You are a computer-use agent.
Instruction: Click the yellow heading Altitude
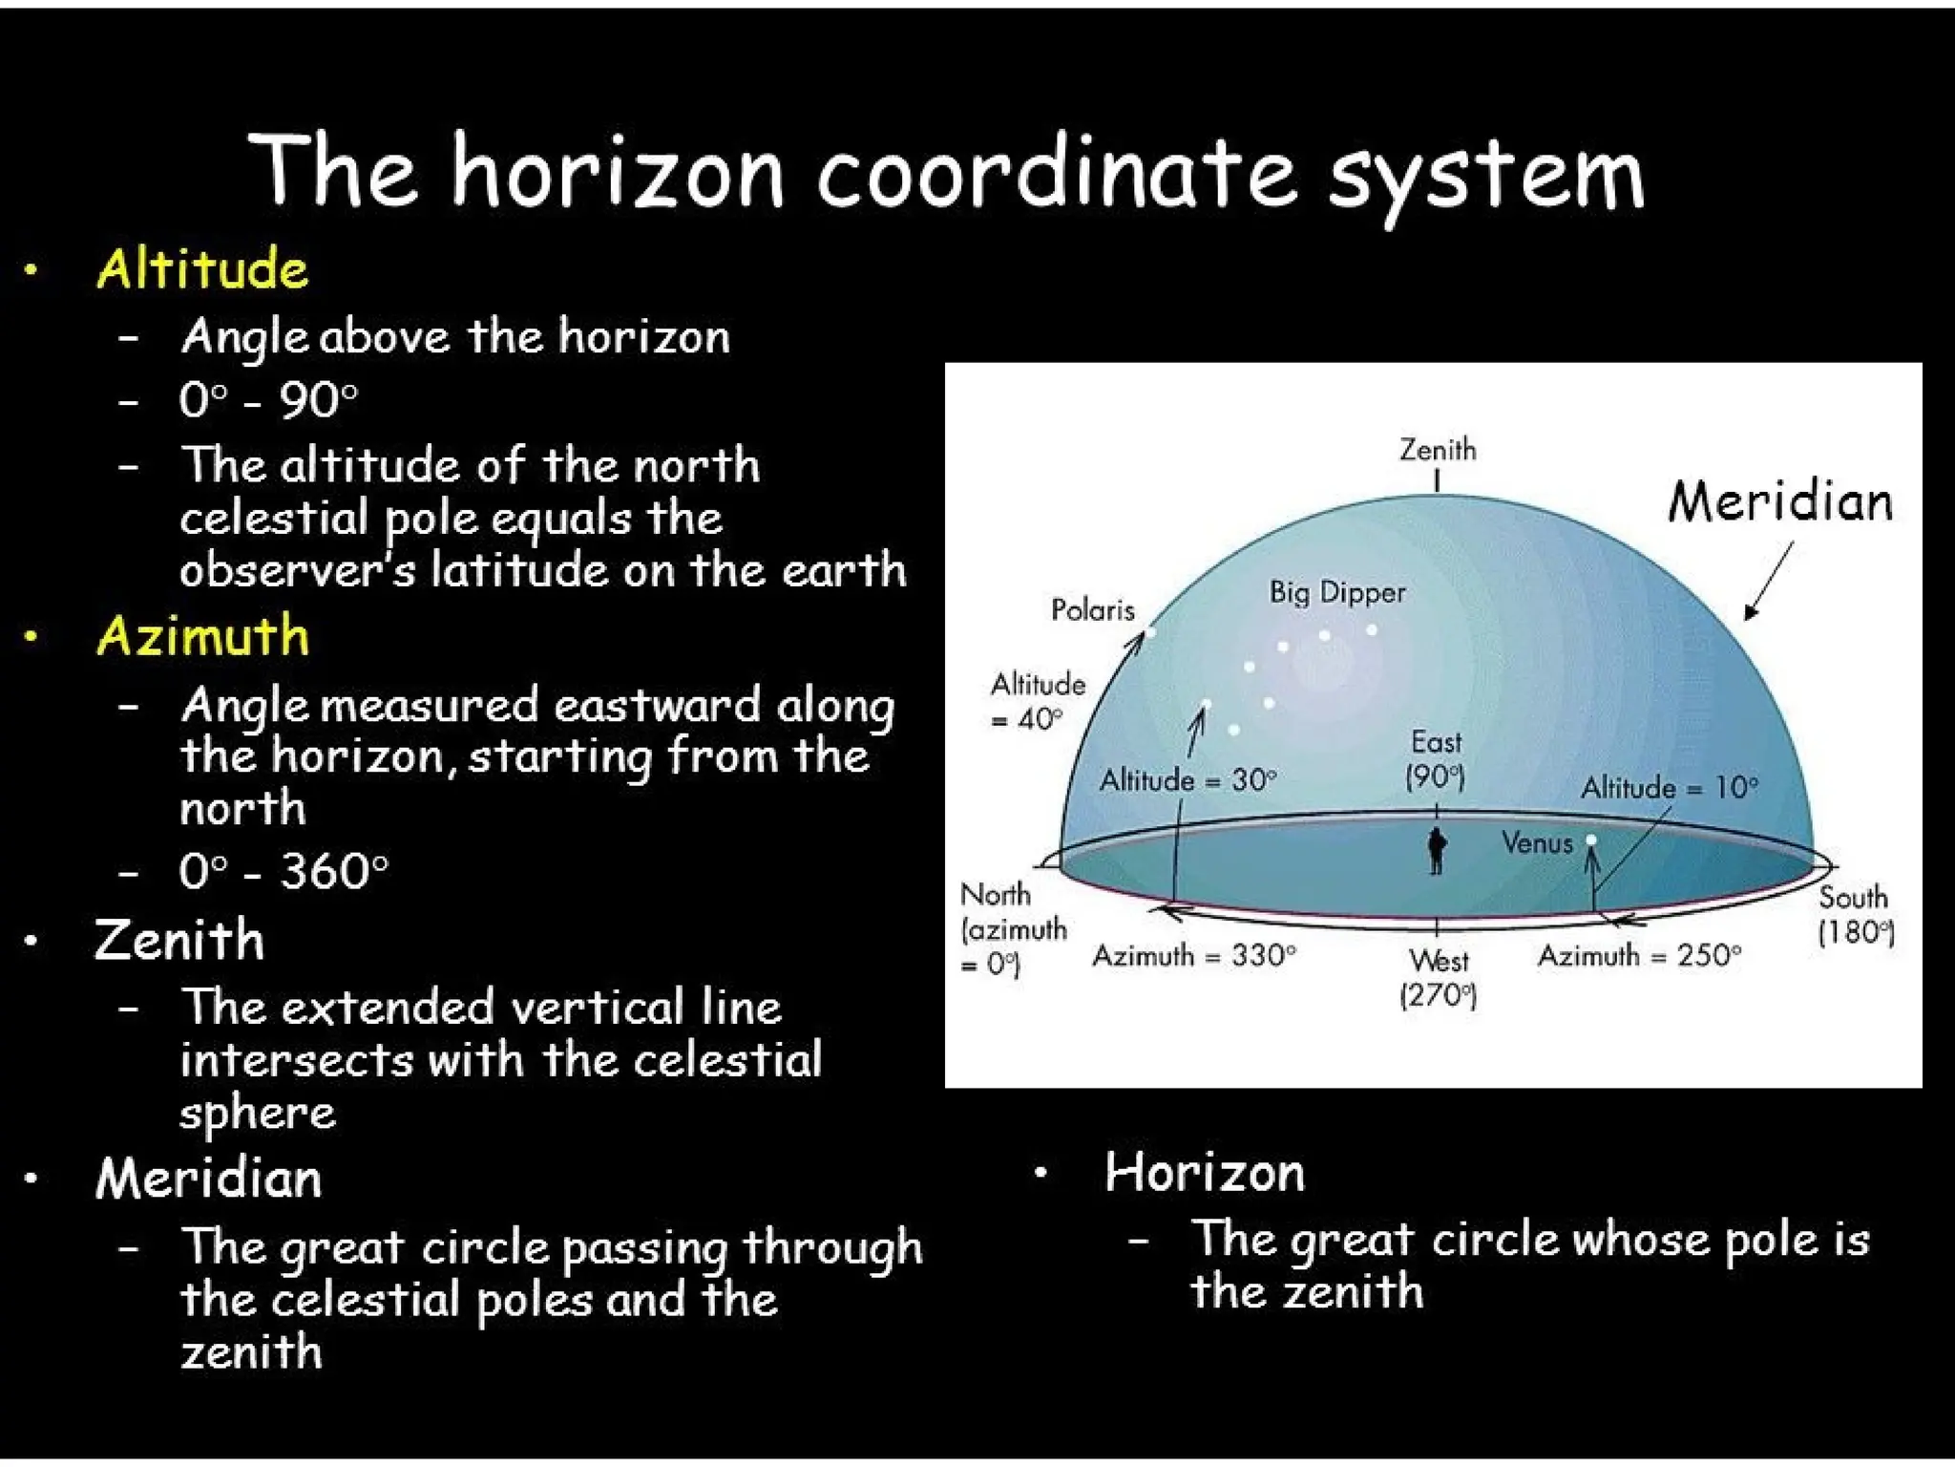(202, 267)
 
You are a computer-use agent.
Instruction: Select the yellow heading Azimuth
(202, 636)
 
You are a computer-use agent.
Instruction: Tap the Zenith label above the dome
(1438, 449)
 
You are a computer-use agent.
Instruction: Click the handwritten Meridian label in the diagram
(1780, 501)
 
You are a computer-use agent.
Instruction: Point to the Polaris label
(1092, 609)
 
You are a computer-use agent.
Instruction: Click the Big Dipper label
(1336, 592)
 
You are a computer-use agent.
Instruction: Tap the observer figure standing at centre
(1437, 850)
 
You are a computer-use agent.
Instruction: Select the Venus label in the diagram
(1536, 842)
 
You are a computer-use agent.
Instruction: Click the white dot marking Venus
(1591, 840)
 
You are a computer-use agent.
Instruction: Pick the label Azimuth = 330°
(1194, 955)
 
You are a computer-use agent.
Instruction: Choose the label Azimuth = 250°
(1639, 955)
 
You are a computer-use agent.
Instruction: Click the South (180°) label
(1855, 915)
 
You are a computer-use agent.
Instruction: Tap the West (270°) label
(1439, 977)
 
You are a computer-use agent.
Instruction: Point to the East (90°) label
(1436, 758)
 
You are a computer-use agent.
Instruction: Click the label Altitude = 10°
(1669, 788)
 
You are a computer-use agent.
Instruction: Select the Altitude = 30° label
(1188, 780)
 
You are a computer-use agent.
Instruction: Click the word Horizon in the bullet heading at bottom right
(1204, 1172)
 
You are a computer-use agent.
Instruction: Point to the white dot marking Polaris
(1150, 632)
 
